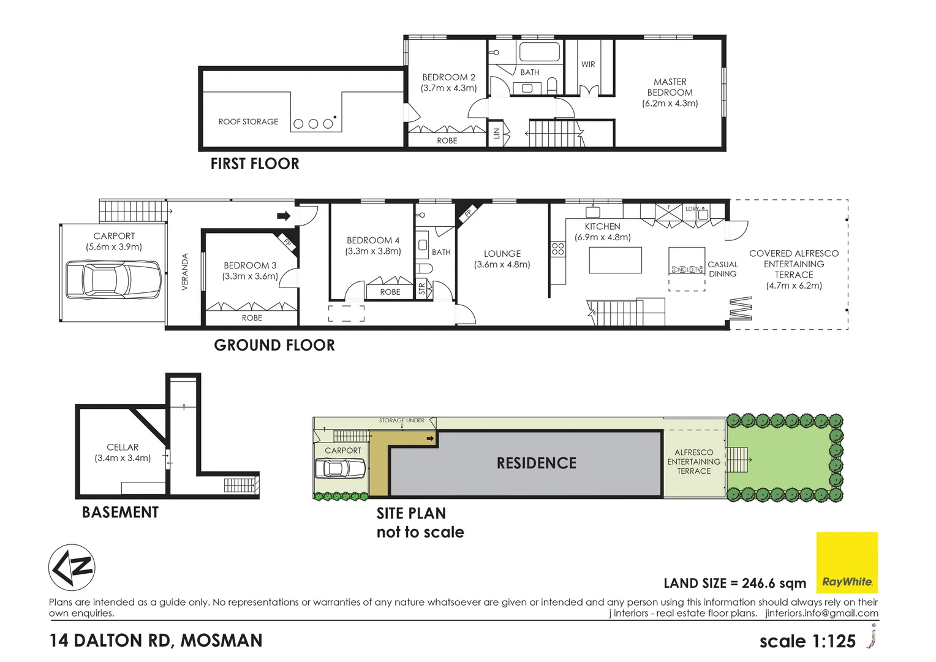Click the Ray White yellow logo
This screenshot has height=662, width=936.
click(x=847, y=562)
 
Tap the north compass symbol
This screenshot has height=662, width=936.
click(x=72, y=568)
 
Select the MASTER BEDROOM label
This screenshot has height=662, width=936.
click(x=670, y=92)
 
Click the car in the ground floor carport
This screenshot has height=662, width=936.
click(x=113, y=280)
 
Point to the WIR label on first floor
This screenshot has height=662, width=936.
click(x=588, y=64)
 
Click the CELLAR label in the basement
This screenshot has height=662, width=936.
click(x=123, y=452)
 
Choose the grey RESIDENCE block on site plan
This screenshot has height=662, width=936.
click(x=536, y=463)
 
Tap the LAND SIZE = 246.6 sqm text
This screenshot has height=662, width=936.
click(x=734, y=583)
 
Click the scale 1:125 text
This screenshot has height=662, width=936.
click(x=807, y=641)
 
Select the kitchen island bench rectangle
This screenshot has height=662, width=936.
click(x=615, y=260)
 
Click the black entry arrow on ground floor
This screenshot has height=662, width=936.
click(x=284, y=216)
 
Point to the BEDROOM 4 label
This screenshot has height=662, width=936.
click(x=372, y=245)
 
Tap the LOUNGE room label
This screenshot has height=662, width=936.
click(x=502, y=258)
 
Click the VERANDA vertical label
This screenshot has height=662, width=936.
click(x=185, y=272)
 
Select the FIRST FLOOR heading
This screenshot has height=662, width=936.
click(x=255, y=164)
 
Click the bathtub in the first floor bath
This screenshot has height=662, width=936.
click(x=539, y=52)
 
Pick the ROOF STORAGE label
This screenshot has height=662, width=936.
click(x=248, y=121)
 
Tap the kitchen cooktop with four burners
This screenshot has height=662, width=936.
click(x=557, y=248)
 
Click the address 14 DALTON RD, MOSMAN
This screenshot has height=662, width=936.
click(x=156, y=641)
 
